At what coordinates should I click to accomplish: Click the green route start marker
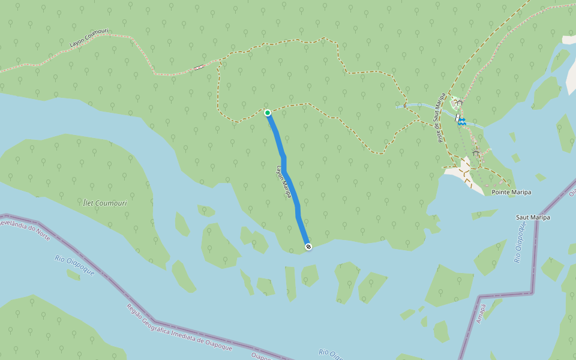[x=268, y=113]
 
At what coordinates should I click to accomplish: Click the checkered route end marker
[x=308, y=247]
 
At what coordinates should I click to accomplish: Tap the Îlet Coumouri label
[x=106, y=203]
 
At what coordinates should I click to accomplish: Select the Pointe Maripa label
[x=511, y=193]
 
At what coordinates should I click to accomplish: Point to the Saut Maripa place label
[x=533, y=217]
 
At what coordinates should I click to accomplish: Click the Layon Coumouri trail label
[x=88, y=40]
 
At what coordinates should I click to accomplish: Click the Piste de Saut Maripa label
[x=439, y=109]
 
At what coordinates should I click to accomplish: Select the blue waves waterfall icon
[x=463, y=121]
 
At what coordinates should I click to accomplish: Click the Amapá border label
[x=480, y=313]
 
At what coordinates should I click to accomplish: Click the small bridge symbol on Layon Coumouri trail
[x=199, y=67]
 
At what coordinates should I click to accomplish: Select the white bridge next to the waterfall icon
[x=457, y=118]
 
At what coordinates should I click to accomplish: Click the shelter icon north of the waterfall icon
[x=459, y=103]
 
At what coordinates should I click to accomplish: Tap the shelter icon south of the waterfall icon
[x=476, y=152]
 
